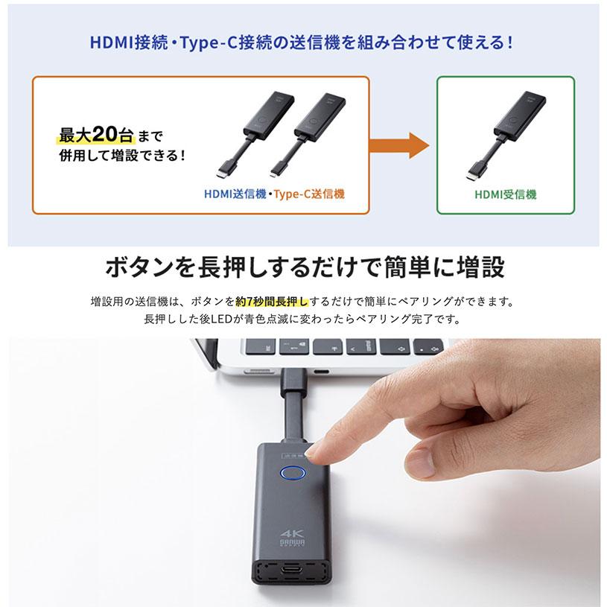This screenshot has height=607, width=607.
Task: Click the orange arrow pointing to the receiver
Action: [398, 145]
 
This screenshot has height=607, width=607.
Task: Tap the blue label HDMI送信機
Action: [235, 194]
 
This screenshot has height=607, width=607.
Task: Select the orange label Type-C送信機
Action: [309, 194]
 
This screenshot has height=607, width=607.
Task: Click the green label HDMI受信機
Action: [505, 194]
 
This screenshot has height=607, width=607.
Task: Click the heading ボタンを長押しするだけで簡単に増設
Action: [304, 266]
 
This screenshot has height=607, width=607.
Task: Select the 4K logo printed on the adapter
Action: [290, 534]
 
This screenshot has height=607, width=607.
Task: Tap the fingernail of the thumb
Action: [420, 463]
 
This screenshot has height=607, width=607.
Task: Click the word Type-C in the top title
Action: [197, 42]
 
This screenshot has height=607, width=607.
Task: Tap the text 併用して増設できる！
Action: [122, 157]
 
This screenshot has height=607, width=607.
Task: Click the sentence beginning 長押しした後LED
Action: [302, 320]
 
